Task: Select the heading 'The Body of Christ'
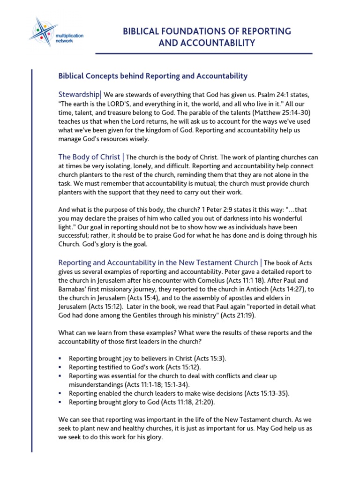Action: (89, 157)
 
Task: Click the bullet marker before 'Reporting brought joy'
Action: (60, 358)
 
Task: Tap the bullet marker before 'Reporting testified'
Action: (60, 367)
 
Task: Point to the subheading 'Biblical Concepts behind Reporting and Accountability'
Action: (153, 75)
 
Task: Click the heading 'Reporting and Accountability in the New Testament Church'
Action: (158, 262)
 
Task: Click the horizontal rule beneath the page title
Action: (204, 53)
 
